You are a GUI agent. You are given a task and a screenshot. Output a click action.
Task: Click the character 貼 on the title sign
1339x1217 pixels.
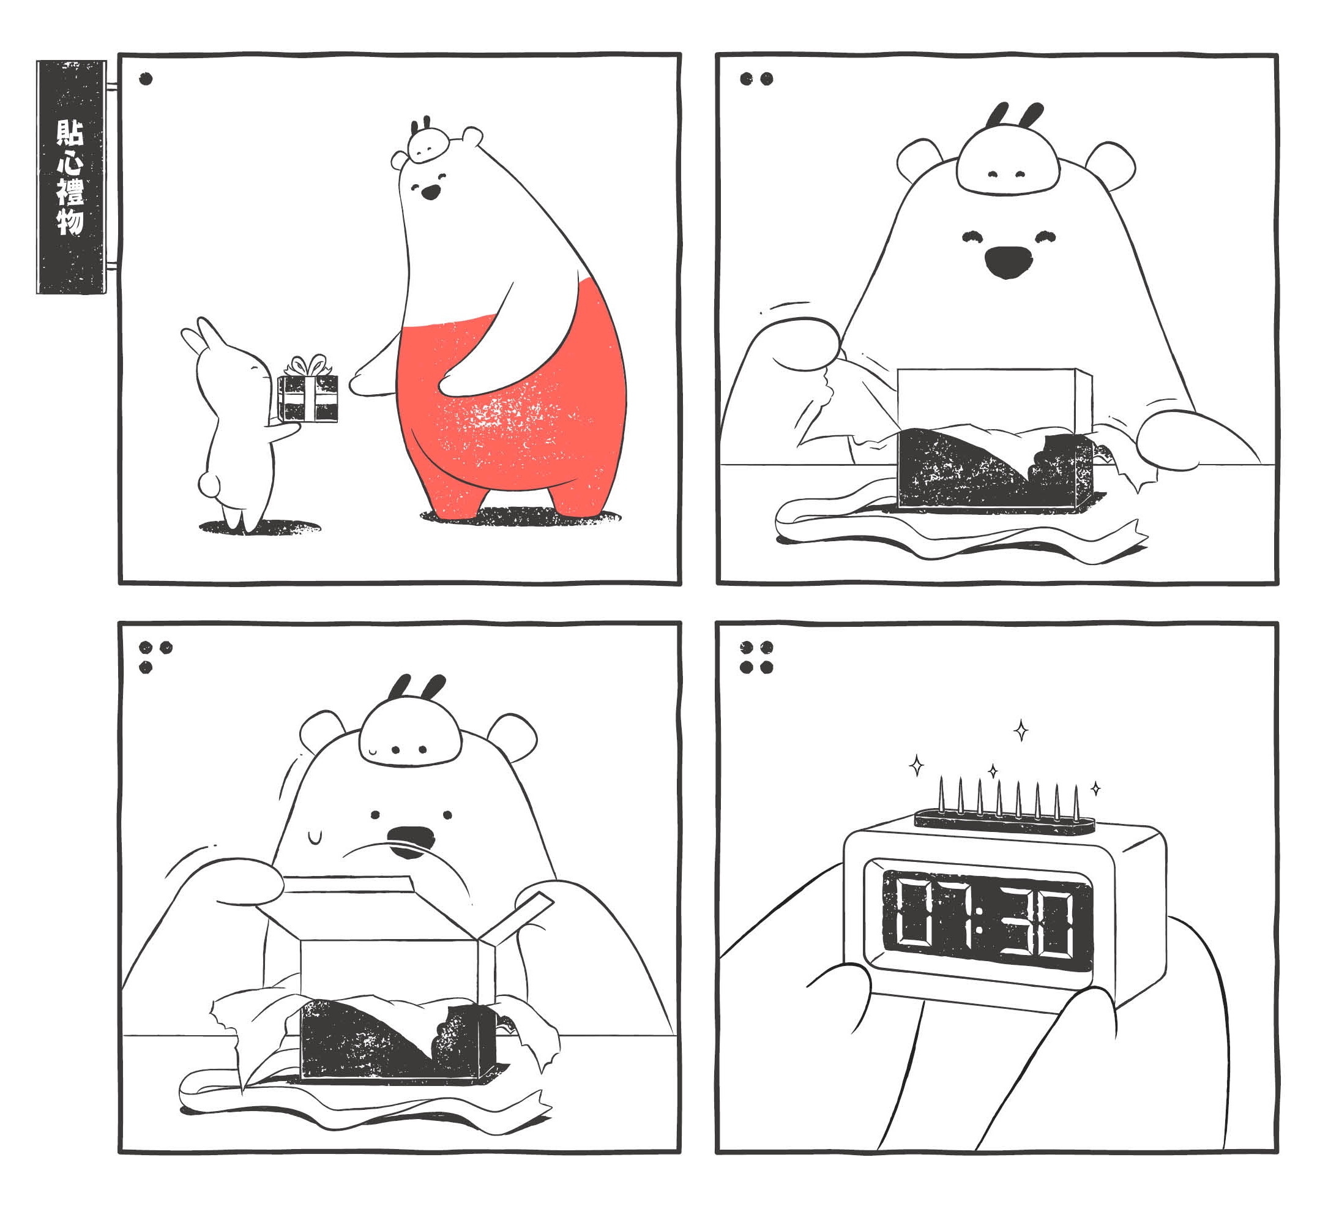click(x=70, y=133)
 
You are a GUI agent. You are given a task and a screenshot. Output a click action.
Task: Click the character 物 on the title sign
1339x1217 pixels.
click(x=70, y=221)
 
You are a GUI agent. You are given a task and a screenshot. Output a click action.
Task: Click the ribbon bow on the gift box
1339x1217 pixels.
click(x=308, y=365)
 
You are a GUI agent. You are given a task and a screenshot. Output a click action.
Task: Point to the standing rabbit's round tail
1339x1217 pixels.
click(x=209, y=484)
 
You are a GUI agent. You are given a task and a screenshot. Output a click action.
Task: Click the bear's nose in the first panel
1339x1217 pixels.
click(x=431, y=192)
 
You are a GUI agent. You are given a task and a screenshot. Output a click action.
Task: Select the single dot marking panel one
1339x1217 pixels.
click(x=146, y=79)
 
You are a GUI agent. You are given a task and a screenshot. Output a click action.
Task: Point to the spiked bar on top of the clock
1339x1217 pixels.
click(x=1004, y=822)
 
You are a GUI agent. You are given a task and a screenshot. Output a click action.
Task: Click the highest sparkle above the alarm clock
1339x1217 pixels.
click(x=1021, y=730)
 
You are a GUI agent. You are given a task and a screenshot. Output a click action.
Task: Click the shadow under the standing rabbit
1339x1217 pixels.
click(x=260, y=527)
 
